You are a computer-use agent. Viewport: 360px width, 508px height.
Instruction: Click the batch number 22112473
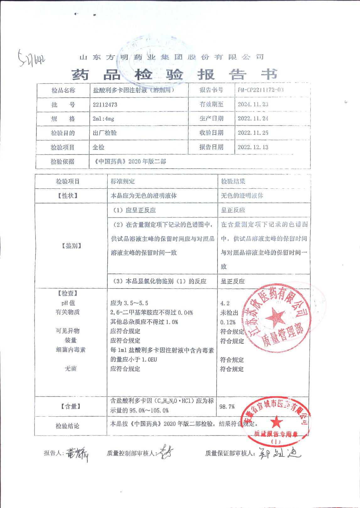tap(105, 105)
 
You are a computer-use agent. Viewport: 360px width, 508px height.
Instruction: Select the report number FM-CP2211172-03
tap(261, 90)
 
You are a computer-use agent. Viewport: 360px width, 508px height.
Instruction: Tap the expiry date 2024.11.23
tap(253, 104)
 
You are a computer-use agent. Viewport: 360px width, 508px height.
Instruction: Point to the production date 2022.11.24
tap(253, 118)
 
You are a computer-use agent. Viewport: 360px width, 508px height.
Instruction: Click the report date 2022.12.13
tap(253, 147)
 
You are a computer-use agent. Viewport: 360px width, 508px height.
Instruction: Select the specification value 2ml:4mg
tap(103, 119)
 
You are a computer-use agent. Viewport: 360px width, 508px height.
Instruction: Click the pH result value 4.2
tap(225, 303)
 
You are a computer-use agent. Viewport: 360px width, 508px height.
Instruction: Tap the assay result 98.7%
tap(227, 407)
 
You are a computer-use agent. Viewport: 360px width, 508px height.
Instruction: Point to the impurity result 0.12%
tap(228, 322)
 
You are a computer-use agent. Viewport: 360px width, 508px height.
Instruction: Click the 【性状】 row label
tap(68, 196)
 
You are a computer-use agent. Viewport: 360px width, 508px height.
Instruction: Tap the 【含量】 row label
tap(71, 407)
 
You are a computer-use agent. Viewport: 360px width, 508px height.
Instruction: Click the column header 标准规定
tap(123, 181)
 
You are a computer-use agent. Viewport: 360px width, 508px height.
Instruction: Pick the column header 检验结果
tap(233, 181)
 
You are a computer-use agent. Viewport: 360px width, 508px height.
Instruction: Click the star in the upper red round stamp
tap(275, 317)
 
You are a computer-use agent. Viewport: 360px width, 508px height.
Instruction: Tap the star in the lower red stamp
tap(277, 422)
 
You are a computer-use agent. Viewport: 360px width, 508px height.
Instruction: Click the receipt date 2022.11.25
tap(253, 133)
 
